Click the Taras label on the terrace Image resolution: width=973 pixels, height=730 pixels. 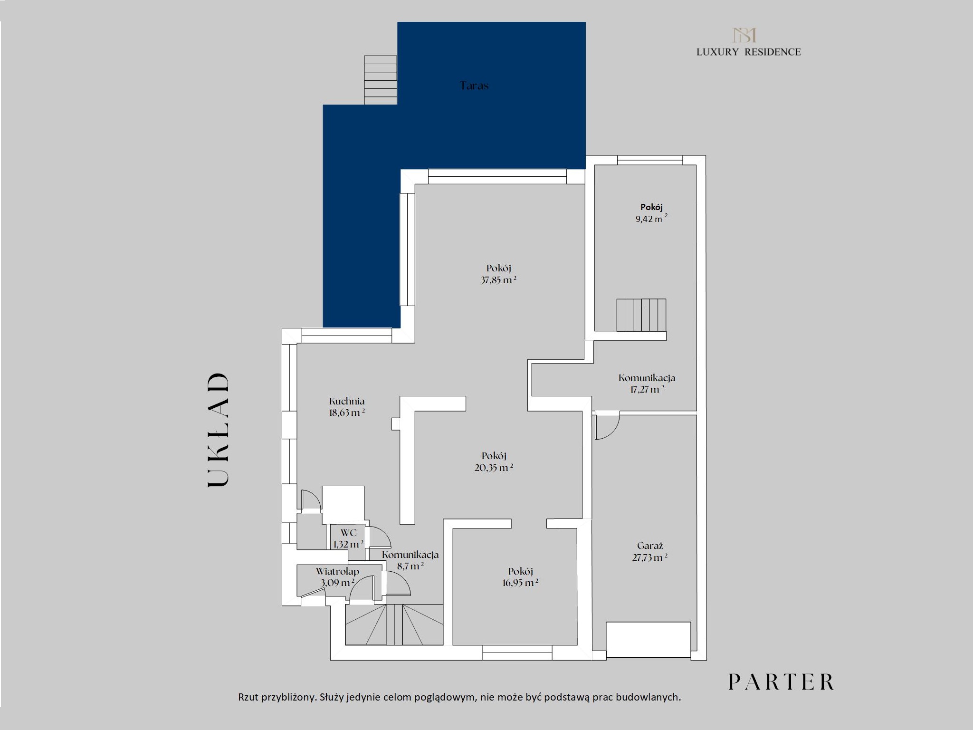tap(474, 86)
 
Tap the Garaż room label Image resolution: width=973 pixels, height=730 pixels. tap(650, 546)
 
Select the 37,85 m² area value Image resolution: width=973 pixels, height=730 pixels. tap(498, 280)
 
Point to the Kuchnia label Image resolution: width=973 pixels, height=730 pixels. tap(347, 401)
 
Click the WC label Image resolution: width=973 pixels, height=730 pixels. tap(348, 533)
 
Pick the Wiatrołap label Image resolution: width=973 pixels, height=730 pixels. tap(337, 571)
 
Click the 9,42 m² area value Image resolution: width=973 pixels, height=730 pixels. tap(651, 219)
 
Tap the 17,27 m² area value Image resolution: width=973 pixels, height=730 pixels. tap(647, 389)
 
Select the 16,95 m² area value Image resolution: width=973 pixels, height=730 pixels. tap(520, 583)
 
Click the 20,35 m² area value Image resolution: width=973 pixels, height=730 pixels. tap(494, 468)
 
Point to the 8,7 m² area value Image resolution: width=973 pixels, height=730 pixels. tap(410, 566)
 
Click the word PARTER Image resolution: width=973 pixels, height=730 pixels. tap(781, 682)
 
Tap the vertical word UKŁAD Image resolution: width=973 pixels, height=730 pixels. tap(219, 430)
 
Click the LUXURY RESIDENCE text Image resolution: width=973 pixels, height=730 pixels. tap(749, 52)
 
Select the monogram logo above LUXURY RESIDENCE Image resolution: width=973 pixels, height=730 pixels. tap(744, 35)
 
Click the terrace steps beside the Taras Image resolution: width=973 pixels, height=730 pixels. tap(381, 80)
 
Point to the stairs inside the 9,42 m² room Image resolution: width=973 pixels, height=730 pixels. tap(641, 315)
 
